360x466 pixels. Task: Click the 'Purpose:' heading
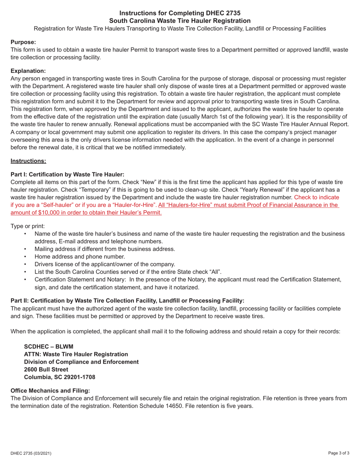tap(23, 42)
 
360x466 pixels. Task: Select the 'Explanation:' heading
tap(28, 71)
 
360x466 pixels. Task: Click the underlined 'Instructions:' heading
tap(28, 161)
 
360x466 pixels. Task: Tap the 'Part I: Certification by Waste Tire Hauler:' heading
tap(67, 174)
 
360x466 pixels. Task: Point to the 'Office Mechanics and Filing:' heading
tap(50, 391)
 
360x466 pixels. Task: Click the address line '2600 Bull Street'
tap(46, 369)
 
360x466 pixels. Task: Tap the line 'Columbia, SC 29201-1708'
tap(59, 377)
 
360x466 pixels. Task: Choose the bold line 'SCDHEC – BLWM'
tap(49, 346)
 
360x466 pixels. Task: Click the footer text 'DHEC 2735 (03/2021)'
tap(31, 453)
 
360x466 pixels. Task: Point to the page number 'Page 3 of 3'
tap(338, 453)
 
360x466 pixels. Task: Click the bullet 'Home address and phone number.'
tap(80, 256)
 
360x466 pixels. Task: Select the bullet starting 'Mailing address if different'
tap(105, 249)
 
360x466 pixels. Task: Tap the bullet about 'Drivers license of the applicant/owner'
tap(105, 264)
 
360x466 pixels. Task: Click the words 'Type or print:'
tap(27, 226)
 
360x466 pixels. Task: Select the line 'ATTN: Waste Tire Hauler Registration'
tap(76, 354)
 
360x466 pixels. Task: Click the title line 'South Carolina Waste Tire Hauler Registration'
tap(180, 21)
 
